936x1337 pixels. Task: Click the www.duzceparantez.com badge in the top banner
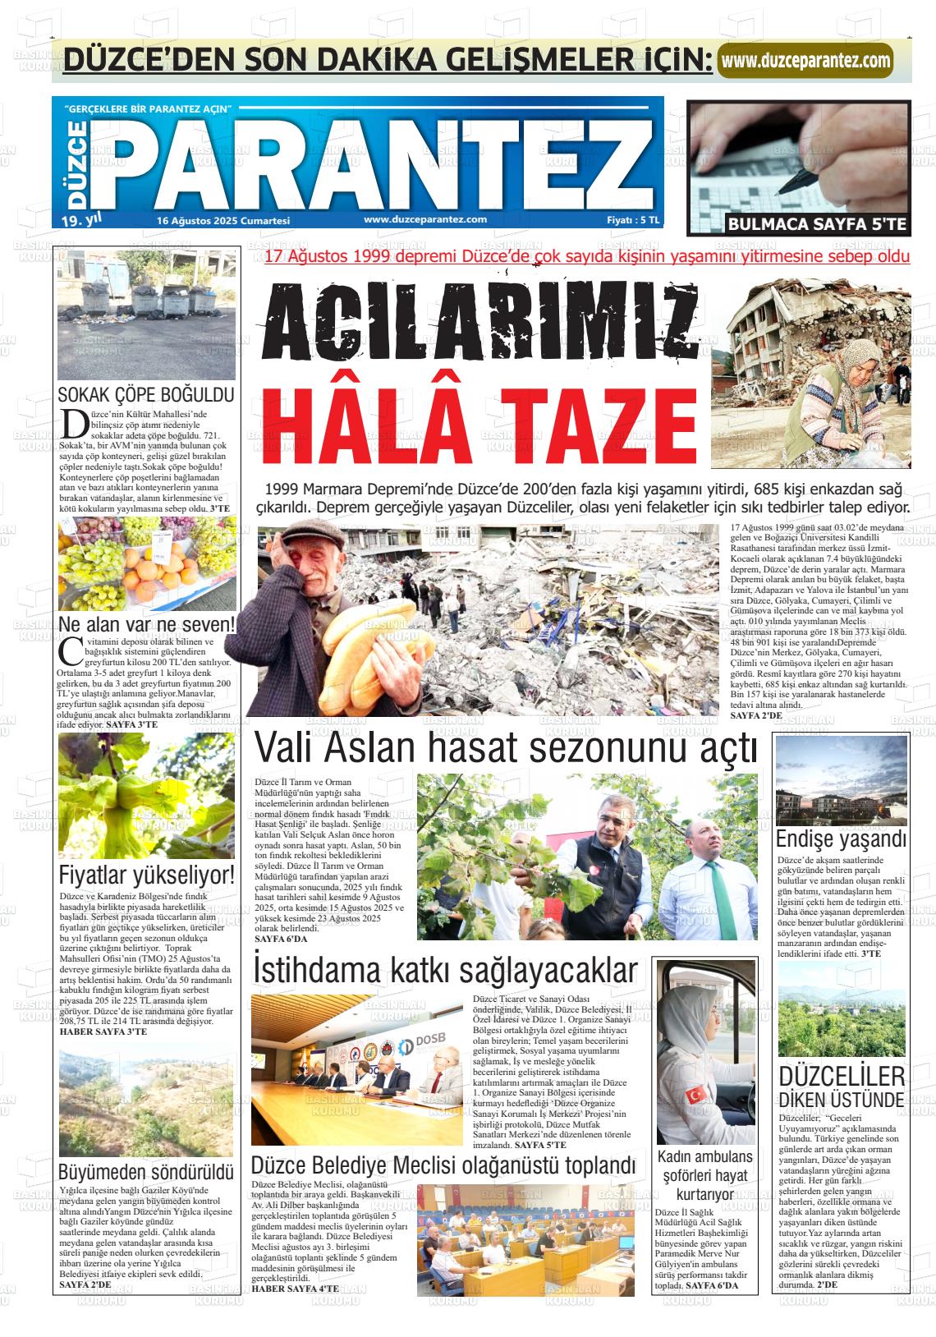coord(805,61)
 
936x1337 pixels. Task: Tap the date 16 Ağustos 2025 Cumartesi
coord(223,221)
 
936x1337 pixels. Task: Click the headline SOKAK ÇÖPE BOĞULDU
coord(146,394)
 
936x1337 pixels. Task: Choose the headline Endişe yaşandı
coord(841,839)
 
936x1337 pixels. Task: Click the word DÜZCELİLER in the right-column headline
coord(841,1077)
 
